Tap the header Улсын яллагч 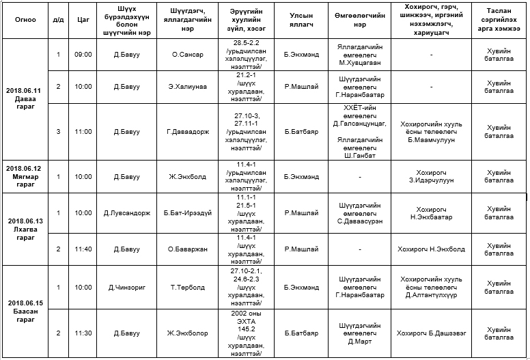coord(301,19)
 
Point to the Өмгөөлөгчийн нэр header coord(360,19)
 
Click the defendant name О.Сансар coord(186,55)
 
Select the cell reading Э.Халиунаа coord(186,87)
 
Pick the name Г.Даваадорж coord(186,131)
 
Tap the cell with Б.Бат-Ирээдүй coord(186,213)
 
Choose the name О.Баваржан coord(186,249)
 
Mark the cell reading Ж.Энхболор coord(186,333)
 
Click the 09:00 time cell coord(83,55)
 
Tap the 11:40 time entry coord(83,249)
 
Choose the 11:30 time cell coord(83,333)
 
